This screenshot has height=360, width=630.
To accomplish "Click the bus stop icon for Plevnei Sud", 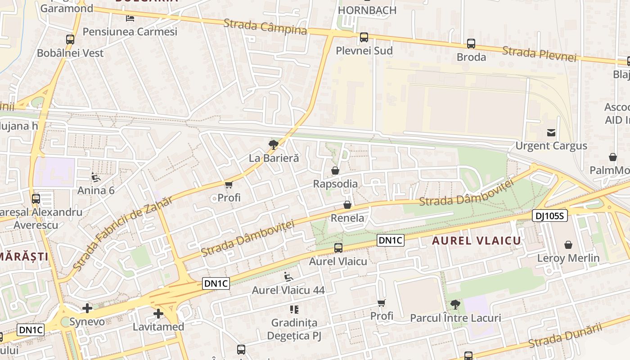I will pyautogui.click(x=364, y=37).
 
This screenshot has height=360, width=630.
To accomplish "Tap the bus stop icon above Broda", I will pyautogui.click(x=471, y=44).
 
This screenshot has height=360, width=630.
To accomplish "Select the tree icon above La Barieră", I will pyautogui.click(x=273, y=144).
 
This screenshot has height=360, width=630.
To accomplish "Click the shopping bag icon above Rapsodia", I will pyautogui.click(x=335, y=171).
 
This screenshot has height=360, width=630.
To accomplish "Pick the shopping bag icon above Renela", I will pyautogui.click(x=347, y=205).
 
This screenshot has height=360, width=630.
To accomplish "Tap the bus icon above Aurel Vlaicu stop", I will pyautogui.click(x=338, y=247).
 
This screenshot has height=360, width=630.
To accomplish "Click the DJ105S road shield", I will pyautogui.click(x=549, y=216).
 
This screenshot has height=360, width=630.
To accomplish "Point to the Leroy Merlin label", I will pyautogui.click(x=568, y=258).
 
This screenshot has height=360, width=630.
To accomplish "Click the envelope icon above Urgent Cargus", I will pyautogui.click(x=551, y=132).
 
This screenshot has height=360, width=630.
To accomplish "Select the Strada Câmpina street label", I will pyautogui.click(x=265, y=27).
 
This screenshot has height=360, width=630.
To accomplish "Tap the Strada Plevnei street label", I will pyautogui.click(x=539, y=53).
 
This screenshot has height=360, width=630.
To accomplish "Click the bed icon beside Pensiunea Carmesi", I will pyautogui.click(x=130, y=18).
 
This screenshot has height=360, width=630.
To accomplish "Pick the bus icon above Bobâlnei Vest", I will pyautogui.click(x=70, y=39).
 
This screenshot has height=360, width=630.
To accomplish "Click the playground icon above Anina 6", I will pyautogui.click(x=96, y=177).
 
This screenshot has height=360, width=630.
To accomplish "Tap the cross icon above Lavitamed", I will pyautogui.click(x=158, y=314).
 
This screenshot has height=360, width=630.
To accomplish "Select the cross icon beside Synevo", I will pyautogui.click(x=87, y=308).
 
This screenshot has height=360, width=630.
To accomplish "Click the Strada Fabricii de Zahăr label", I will pyautogui.click(x=122, y=234).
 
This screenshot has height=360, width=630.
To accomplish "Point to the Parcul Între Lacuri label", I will pyautogui.click(x=455, y=318).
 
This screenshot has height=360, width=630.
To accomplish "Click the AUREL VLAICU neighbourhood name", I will pyautogui.click(x=477, y=241).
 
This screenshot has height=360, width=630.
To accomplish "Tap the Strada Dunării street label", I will pyautogui.click(x=565, y=336).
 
